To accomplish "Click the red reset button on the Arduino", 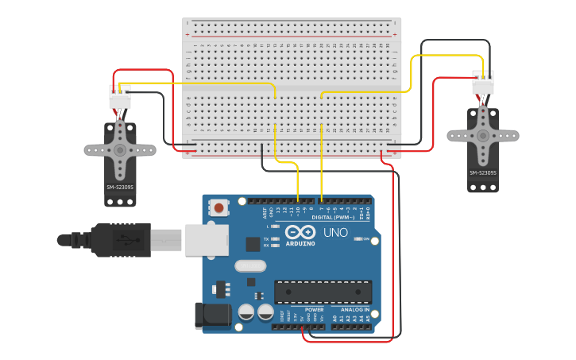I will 218,208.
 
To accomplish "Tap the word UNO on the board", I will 335,233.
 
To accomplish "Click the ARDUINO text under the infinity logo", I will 301,243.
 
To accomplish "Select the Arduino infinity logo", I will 300,232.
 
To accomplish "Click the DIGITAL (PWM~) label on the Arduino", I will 334,217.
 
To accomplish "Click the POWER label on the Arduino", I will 314,309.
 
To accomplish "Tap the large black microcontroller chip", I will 323,291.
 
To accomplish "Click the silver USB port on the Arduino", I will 207,239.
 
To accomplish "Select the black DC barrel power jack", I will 211,316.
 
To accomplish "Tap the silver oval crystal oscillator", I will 250,266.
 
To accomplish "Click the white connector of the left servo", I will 120,97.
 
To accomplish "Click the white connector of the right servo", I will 482,83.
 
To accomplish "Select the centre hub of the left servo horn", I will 120,149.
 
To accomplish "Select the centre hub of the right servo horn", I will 482,135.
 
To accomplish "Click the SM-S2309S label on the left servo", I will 120,188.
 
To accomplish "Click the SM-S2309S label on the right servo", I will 482,172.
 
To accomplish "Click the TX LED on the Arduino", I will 275,238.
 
